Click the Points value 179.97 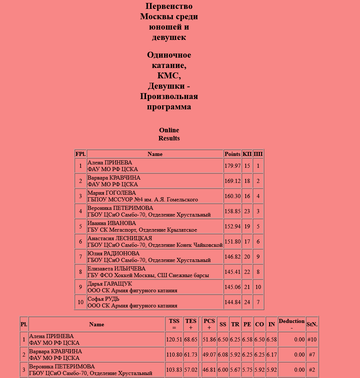click(x=232, y=166)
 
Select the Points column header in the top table click(x=232, y=154)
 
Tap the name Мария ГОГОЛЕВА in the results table click(x=112, y=193)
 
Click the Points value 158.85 click(x=232, y=211)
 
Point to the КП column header click(x=247, y=154)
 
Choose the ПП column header click(x=258, y=154)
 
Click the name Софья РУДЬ click(x=103, y=299)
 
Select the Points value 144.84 click(x=232, y=302)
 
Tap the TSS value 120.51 click(x=174, y=340)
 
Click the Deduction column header click(x=292, y=321)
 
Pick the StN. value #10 click(x=312, y=340)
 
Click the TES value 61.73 click(x=191, y=355)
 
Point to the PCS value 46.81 click(x=209, y=370)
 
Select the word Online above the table click(x=169, y=130)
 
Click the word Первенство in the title click(x=169, y=6)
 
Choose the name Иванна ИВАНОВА click(x=112, y=223)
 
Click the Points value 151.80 click(x=232, y=242)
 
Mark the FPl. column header click(x=80, y=154)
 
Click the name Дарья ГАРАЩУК click(x=110, y=284)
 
